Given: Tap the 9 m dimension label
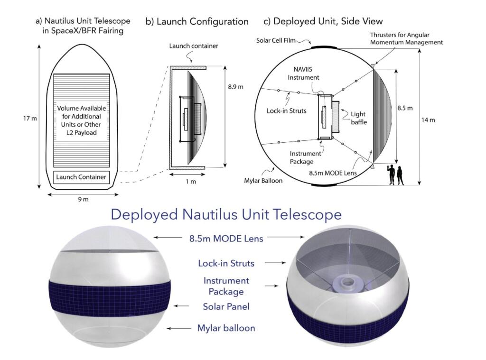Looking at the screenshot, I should (83, 199).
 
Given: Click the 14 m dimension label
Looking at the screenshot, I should (428, 120).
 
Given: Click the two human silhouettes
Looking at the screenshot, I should (397, 175).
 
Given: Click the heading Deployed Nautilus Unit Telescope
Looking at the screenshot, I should (226, 214).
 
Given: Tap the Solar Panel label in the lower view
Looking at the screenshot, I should (226, 306).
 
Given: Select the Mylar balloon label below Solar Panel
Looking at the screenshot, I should (226, 328).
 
